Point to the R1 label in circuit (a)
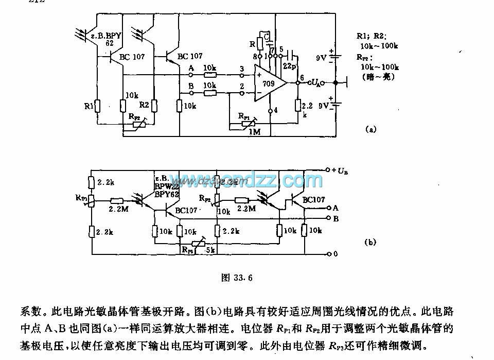(x=88, y=107)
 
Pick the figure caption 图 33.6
(x=237, y=277)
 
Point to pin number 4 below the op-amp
(x=276, y=110)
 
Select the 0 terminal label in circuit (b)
(x=335, y=254)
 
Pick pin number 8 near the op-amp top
(x=254, y=56)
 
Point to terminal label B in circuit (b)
(x=336, y=218)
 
